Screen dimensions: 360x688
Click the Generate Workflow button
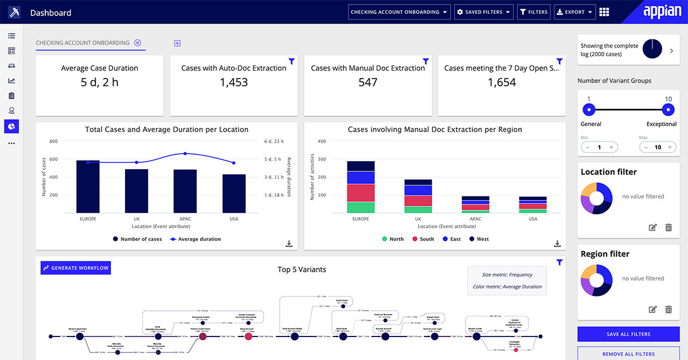click(75, 268)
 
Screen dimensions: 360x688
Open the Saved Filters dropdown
click(483, 12)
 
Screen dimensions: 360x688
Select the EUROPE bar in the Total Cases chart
click(88, 186)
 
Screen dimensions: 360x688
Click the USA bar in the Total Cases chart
click(234, 193)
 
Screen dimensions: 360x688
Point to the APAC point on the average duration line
click(185, 154)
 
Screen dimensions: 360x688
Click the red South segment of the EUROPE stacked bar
click(361, 193)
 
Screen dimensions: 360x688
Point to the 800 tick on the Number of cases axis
click(53, 141)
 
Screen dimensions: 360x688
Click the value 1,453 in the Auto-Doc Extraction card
click(234, 83)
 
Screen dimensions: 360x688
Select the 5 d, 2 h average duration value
click(100, 83)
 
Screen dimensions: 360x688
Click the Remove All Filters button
click(628, 354)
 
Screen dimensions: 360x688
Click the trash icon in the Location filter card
click(668, 228)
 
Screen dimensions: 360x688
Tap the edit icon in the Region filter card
click(652, 310)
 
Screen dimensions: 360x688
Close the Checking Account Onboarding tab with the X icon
click(138, 43)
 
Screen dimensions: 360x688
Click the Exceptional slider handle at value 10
click(667, 109)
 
